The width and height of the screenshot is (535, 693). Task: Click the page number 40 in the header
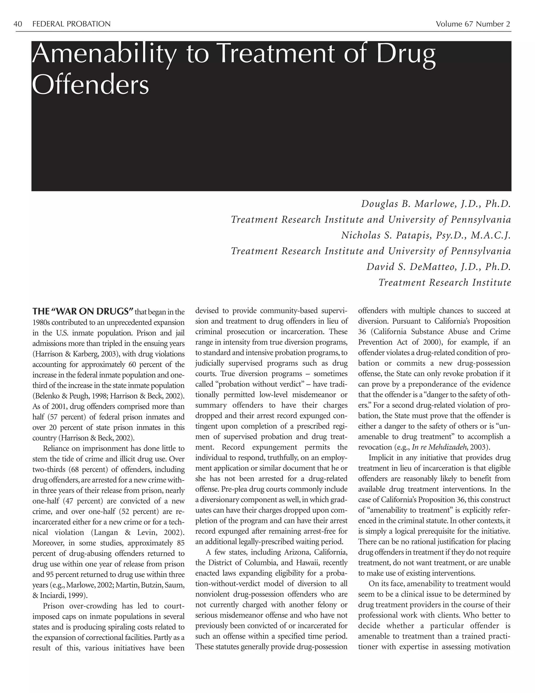18,24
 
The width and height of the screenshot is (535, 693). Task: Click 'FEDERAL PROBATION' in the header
71,24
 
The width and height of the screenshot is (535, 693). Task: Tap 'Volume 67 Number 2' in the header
473,24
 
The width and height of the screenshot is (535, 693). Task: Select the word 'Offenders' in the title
90,85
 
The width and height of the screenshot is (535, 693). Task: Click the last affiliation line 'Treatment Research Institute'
445,282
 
